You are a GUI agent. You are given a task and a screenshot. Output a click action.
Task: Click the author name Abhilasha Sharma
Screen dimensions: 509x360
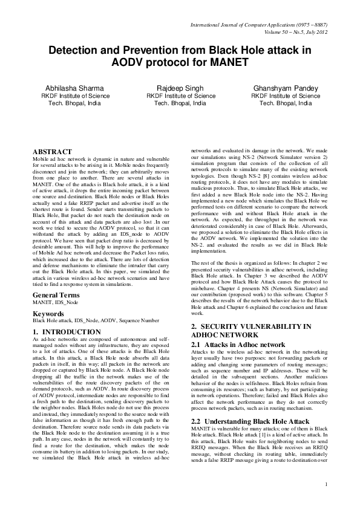(x=75, y=88)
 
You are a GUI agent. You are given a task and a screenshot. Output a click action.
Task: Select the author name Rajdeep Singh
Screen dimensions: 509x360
(x=180, y=88)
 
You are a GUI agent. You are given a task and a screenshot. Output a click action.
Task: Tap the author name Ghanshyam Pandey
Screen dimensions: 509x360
(x=286, y=88)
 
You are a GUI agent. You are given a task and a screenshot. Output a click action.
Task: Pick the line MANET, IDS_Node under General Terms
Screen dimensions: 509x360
(x=57, y=302)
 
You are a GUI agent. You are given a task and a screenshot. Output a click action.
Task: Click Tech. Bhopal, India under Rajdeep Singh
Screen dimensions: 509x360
(x=180, y=103)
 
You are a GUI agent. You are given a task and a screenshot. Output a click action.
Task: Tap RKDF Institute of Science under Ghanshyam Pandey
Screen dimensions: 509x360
(x=286, y=96)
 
